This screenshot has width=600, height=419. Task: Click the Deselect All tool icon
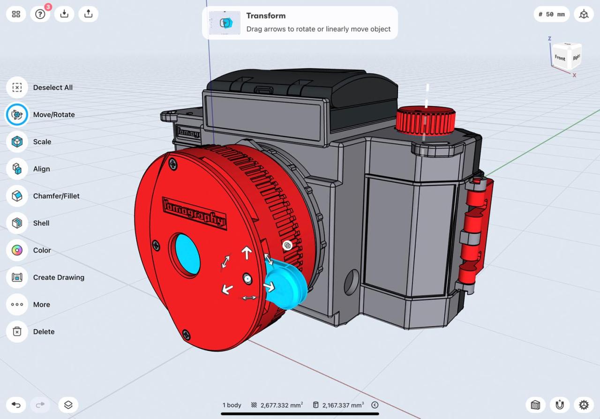[17, 88]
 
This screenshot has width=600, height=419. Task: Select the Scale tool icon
[17, 142]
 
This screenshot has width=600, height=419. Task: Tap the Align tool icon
[17, 169]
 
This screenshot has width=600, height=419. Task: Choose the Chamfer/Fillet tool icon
[17, 196]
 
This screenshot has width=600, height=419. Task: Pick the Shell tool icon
[17, 223]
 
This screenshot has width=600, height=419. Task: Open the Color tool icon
[17, 250]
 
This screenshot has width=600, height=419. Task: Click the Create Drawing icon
[17, 277]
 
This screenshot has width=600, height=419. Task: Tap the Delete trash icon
[17, 332]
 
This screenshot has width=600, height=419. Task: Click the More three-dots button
[17, 305]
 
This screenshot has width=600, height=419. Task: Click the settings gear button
[584, 405]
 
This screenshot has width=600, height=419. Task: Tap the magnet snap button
[559, 405]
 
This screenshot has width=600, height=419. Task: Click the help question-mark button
[40, 14]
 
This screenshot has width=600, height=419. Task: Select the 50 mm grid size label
[552, 14]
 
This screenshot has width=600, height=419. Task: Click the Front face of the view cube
[560, 58]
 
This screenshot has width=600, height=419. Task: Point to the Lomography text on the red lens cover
[194, 213]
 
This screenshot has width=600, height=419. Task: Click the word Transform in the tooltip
[266, 15]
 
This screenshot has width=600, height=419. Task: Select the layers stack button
[68, 405]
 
